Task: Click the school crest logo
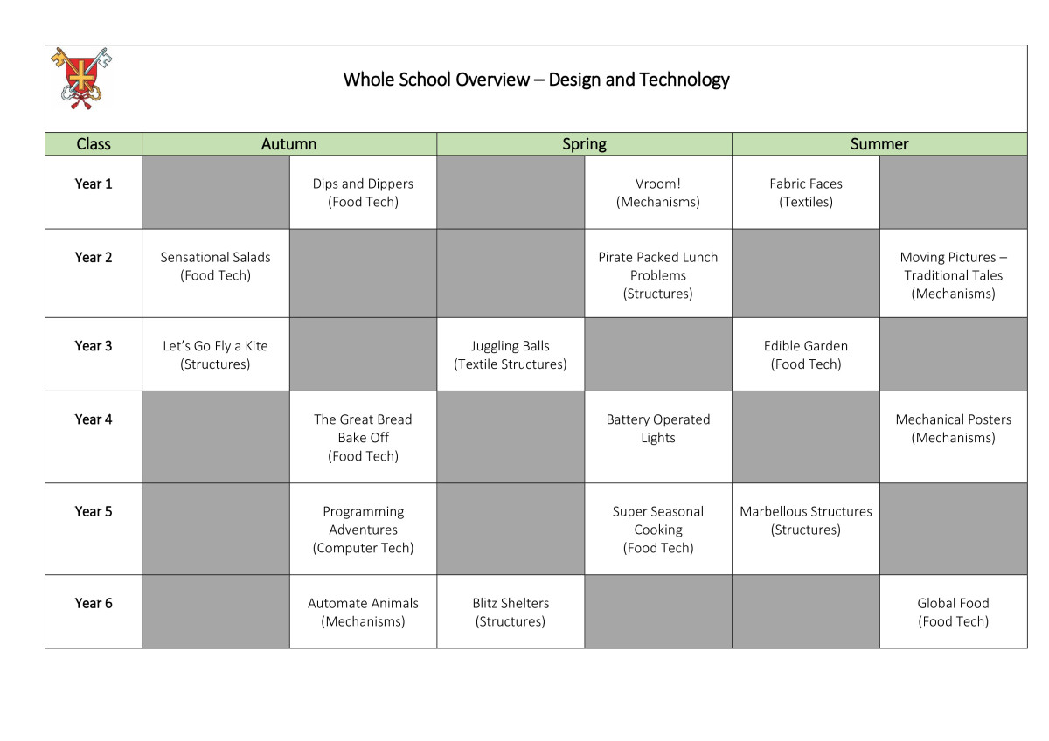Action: tap(82, 78)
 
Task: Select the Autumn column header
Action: tap(289, 143)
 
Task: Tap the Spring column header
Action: tap(584, 143)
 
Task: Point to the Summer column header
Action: tap(879, 143)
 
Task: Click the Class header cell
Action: tap(94, 143)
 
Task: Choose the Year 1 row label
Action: tap(94, 184)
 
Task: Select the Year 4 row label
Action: tap(94, 419)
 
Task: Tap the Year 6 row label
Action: tap(94, 603)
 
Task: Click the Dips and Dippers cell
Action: tap(363, 192)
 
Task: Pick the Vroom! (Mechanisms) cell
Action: tap(658, 192)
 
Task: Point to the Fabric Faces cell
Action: tap(806, 192)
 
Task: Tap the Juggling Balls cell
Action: tap(511, 355)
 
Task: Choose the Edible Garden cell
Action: tap(806, 355)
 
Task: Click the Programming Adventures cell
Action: tap(363, 529)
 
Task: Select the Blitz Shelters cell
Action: tap(511, 612)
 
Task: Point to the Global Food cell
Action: tap(954, 612)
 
